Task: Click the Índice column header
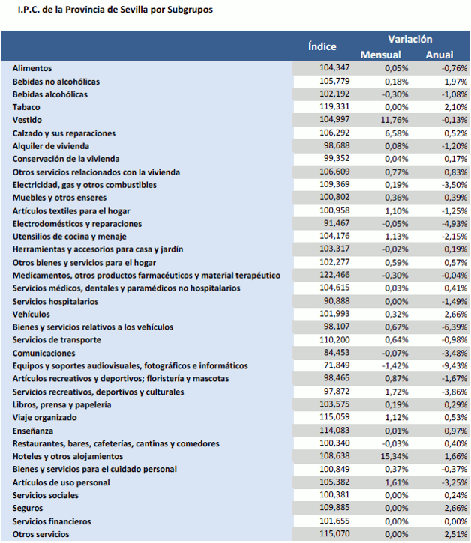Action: pyautogui.click(x=322, y=46)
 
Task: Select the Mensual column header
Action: pyautogui.click(x=381, y=55)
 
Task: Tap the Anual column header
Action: pyautogui.click(x=439, y=55)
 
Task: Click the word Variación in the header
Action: pyautogui.click(x=409, y=39)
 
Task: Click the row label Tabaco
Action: pyautogui.click(x=26, y=107)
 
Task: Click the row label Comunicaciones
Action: pyautogui.click(x=44, y=353)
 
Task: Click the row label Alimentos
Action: pyautogui.click(x=32, y=68)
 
